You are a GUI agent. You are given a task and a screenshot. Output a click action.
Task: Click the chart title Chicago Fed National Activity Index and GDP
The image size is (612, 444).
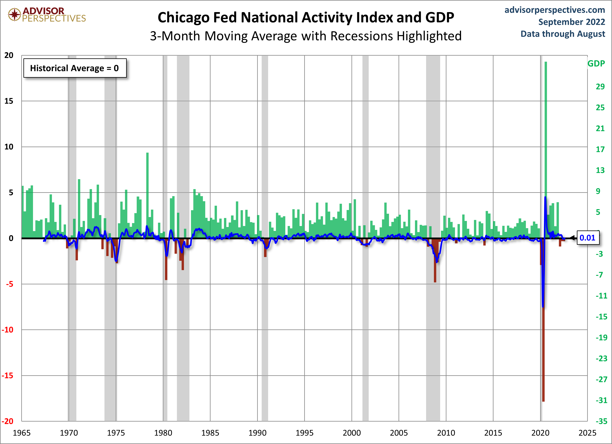[306, 18]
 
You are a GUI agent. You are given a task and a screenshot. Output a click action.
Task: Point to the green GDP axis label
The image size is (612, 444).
[596, 64]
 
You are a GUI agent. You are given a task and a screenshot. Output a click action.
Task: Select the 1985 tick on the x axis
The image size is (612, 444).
[210, 433]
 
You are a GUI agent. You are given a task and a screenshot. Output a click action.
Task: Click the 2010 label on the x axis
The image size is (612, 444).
[446, 433]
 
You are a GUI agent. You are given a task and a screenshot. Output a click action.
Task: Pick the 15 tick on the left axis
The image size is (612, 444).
[9, 101]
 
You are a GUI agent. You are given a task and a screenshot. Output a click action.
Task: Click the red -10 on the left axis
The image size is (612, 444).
[8, 330]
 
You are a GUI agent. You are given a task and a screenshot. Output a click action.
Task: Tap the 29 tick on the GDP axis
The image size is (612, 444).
[600, 87]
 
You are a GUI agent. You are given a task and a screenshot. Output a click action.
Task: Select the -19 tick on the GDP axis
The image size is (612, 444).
[601, 337]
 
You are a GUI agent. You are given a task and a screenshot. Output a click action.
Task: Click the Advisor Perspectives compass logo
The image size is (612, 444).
[14, 14]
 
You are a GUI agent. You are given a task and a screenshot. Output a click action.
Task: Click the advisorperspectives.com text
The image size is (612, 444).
[555, 10]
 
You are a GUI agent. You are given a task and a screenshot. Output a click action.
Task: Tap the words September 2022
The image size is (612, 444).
[572, 22]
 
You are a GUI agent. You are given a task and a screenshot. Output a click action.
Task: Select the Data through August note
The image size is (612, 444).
[563, 34]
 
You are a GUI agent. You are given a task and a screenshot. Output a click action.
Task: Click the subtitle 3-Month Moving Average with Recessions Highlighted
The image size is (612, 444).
[306, 36]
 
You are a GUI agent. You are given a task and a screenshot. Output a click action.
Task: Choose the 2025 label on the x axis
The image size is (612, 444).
[587, 433]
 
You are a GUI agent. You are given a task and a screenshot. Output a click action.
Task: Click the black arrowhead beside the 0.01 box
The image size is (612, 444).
[573, 238]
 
